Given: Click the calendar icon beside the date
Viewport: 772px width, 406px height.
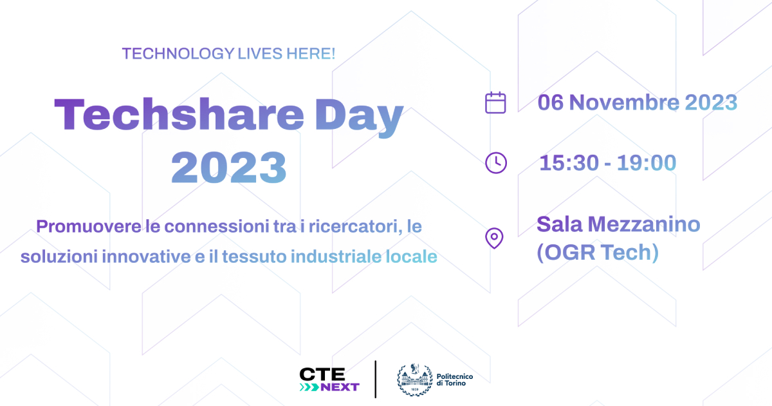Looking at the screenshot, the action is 495,102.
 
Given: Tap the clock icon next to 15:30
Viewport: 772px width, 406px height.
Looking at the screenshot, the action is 496,162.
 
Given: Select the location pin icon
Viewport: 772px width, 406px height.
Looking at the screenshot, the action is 494,238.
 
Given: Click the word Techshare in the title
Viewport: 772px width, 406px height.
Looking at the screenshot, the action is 179,114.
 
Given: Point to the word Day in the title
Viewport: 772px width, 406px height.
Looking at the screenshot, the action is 359,117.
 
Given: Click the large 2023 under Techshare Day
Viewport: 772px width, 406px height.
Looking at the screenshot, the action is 229,168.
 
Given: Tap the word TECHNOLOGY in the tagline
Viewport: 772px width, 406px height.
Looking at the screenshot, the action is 178,53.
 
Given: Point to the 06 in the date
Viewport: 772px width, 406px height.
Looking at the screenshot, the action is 551,102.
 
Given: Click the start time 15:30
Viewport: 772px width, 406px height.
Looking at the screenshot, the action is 569,162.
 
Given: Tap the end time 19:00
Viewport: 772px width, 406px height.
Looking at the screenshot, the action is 647,162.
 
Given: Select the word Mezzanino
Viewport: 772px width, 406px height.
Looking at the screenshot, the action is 644,224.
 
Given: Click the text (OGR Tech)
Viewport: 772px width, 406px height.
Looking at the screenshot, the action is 598,253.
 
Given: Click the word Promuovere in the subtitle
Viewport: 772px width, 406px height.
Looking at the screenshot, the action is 89,227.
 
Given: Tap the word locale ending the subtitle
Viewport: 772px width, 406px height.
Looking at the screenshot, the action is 411,256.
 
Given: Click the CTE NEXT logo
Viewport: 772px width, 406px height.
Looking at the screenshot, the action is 329,380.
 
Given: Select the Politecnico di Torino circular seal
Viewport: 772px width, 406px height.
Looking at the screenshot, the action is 414,380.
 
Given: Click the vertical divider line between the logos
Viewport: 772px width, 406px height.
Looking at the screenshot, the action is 375,380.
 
